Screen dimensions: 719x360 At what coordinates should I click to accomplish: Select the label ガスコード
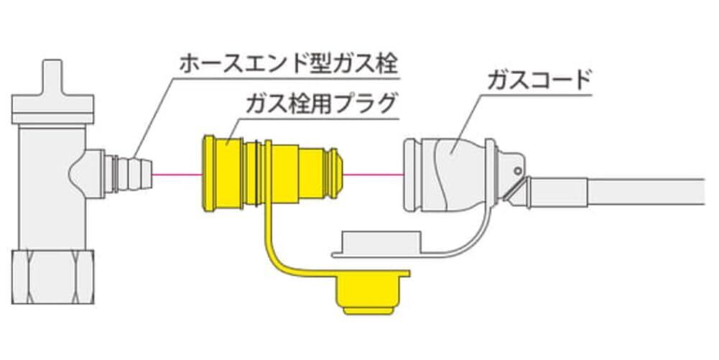(538, 76)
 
